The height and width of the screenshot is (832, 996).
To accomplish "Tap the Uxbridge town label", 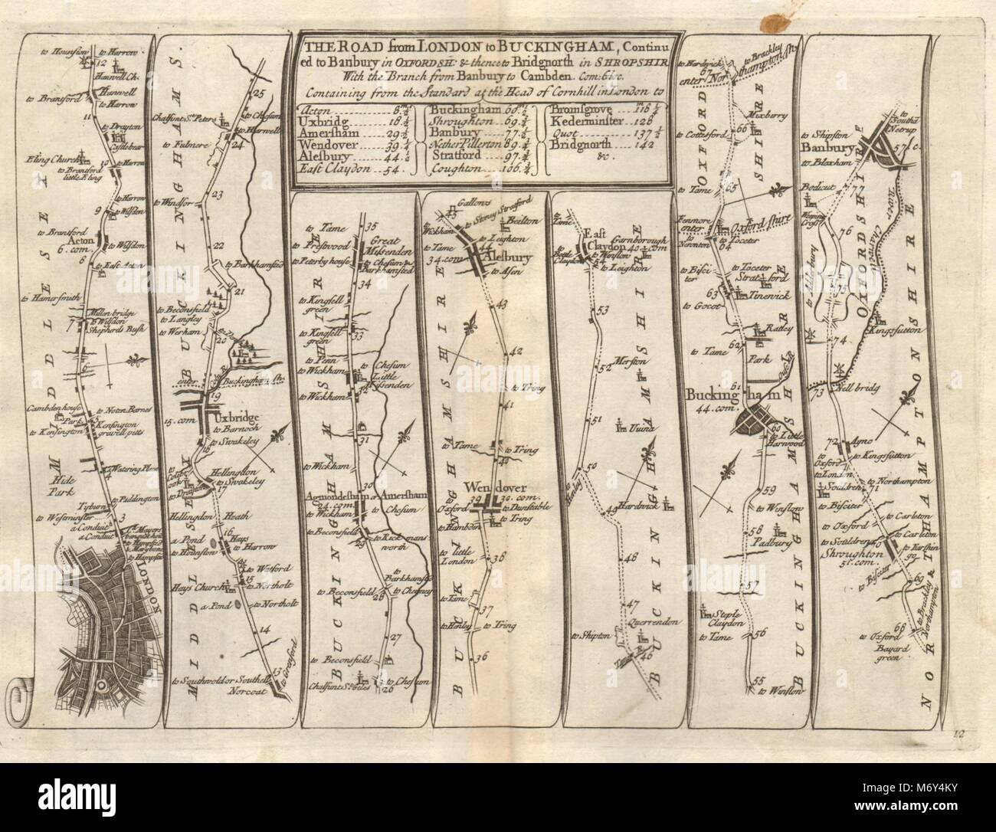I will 239,418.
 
